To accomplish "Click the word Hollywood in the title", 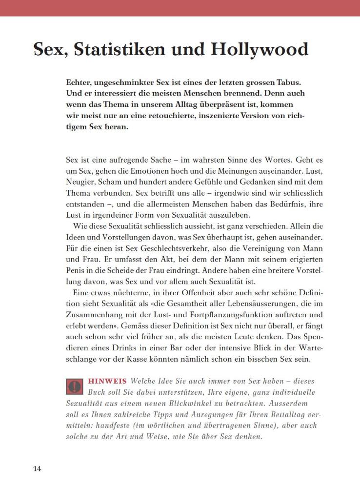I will point(260,50).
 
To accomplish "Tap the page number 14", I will point(38,469).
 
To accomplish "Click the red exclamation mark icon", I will point(74,386).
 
